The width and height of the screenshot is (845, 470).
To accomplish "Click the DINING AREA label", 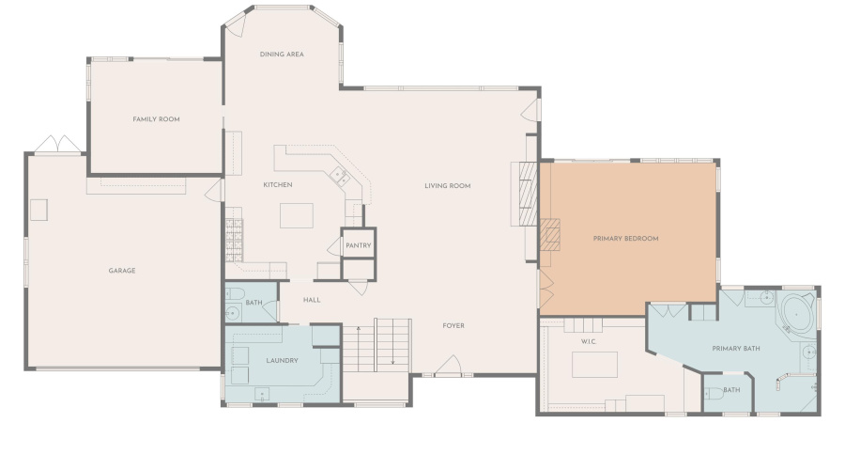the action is click(282, 55).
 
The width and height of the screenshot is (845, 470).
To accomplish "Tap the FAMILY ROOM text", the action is click(156, 119).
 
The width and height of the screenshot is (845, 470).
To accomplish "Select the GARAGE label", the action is click(122, 271).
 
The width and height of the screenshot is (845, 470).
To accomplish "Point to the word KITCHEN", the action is click(278, 185).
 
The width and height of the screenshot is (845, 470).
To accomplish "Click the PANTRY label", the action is click(359, 245).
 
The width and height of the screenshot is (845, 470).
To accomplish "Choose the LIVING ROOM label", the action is click(447, 186).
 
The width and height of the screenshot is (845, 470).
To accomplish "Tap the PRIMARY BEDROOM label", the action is click(625, 239).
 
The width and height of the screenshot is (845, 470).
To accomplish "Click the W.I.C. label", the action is click(589, 342).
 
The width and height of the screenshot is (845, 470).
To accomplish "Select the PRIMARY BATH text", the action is click(735, 349).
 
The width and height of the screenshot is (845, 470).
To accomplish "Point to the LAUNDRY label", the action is click(282, 360).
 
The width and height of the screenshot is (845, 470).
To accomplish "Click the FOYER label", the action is click(453, 326).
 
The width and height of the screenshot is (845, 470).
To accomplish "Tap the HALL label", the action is click(312, 300).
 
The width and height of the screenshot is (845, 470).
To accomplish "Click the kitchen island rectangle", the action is click(297, 215).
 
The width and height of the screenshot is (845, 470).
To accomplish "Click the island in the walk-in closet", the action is click(594, 364).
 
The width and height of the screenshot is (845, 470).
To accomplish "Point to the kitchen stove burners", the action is click(234, 240).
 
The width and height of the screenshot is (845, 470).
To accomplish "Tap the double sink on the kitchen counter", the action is click(340, 177).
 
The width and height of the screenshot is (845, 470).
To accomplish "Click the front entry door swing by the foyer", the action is click(448, 365).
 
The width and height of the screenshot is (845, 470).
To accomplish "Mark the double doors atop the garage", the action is click(58, 144).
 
